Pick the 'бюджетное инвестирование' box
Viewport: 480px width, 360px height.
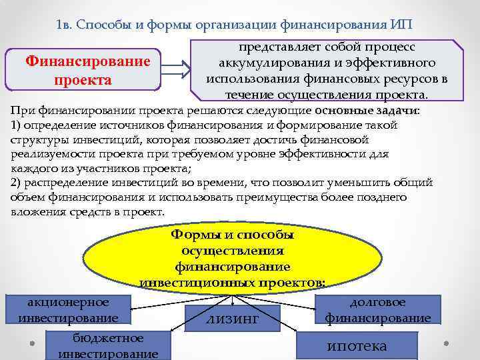pyautogui.click(x=108, y=345)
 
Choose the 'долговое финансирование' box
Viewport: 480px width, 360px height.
pyautogui.click(x=377, y=309)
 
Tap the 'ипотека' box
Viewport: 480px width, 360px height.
pyautogui.click(x=357, y=345)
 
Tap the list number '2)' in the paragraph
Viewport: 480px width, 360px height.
pyautogui.click(x=16, y=183)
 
